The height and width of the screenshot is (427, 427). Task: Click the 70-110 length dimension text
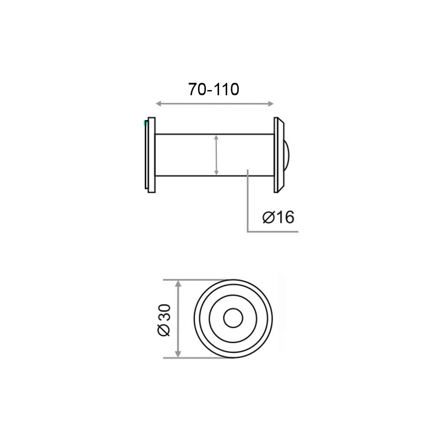[x=214, y=89]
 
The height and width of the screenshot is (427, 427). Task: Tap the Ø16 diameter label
[x=278, y=217]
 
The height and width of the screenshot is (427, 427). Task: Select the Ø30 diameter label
[x=164, y=320]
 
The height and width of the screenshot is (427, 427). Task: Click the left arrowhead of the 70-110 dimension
[x=159, y=104]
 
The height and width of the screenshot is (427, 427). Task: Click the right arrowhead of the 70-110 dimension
[x=270, y=104]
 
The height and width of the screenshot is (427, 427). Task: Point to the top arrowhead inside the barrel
[x=216, y=137]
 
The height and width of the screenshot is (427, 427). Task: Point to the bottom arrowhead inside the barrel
[x=216, y=173]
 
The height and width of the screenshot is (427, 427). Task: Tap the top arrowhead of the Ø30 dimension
[x=178, y=284]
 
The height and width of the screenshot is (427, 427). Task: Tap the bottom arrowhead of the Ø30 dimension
[x=178, y=354]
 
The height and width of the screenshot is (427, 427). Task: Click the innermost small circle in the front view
[x=233, y=309]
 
